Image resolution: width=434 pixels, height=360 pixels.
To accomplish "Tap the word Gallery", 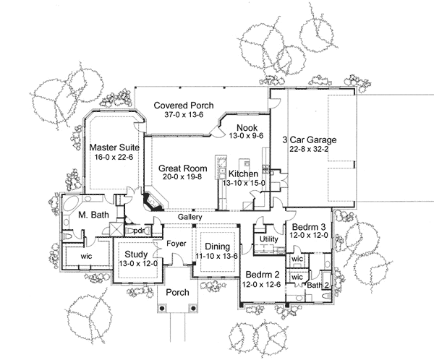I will pyautogui.click(x=190, y=217).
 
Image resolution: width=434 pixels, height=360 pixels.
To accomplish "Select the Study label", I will pyautogui.click(x=135, y=254).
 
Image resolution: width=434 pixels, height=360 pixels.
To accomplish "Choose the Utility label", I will pyautogui.click(x=269, y=239).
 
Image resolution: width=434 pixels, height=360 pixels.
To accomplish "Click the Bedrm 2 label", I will pyautogui.click(x=260, y=275).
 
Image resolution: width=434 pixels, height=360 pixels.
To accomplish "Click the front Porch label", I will pyautogui.click(x=176, y=293).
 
